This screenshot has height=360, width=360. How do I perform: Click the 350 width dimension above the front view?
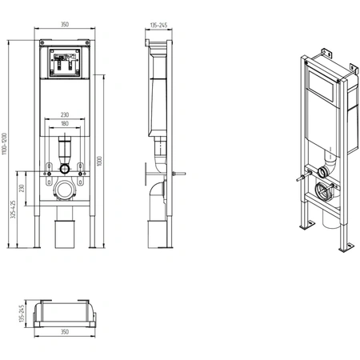point(65,24)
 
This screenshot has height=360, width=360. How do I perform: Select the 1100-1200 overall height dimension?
point(4,144)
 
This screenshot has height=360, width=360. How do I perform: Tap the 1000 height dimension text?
point(99,161)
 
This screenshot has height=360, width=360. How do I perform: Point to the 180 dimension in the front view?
point(65,123)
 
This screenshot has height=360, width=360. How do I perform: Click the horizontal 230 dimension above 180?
point(65,114)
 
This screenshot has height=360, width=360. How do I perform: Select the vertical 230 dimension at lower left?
point(22,188)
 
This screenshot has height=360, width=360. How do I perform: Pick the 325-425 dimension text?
point(13,210)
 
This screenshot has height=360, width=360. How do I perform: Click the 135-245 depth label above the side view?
point(158,26)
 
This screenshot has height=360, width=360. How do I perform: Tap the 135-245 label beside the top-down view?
point(22,314)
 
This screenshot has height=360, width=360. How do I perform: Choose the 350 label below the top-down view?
point(65,332)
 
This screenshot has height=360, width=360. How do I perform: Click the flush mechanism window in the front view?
point(65,62)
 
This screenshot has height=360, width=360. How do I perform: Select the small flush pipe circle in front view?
point(65,169)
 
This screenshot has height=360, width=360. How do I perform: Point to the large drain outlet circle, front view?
point(65,190)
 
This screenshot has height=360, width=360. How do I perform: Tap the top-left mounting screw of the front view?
point(42,42)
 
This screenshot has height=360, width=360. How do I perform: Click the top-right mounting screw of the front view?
point(87,42)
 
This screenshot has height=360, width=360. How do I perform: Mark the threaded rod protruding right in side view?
point(179,174)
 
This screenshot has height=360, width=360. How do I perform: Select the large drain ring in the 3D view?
point(323,190)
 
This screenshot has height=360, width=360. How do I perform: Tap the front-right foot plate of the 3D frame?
point(346,248)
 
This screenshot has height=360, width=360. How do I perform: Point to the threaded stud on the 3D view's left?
point(304,177)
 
